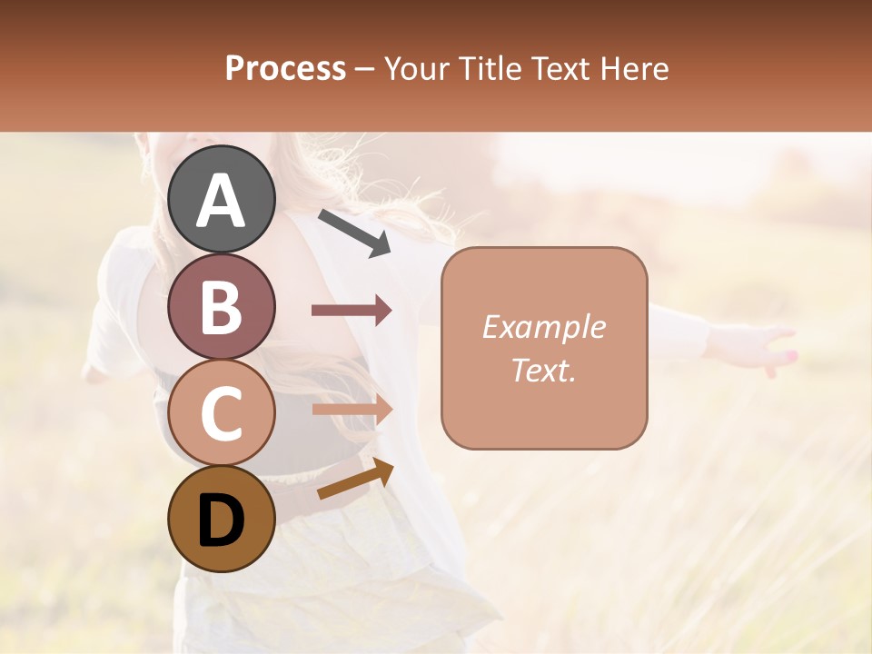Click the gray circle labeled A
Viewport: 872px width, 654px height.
(x=222, y=199)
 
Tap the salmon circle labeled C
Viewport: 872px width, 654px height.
(x=222, y=412)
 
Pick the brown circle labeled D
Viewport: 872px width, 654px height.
(x=222, y=519)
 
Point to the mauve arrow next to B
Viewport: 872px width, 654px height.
(x=352, y=311)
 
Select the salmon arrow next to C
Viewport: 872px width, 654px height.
(x=352, y=410)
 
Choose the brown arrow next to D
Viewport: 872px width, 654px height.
(x=355, y=479)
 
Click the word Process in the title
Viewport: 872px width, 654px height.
(x=285, y=68)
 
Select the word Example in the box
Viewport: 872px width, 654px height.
(x=543, y=327)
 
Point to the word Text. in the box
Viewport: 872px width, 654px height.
(x=543, y=370)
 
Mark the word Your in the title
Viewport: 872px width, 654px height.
(x=416, y=68)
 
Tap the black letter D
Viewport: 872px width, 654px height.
(x=222, y=521)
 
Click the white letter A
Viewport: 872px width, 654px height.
(x=222, y=201)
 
